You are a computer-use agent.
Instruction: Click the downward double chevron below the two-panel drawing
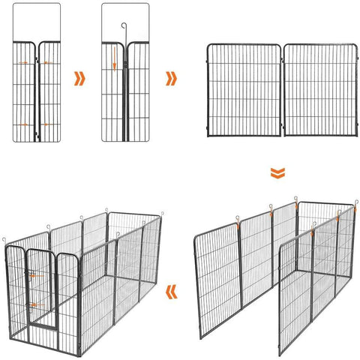(x=277, y=174)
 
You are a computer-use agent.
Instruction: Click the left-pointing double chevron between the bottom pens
(x=172, y=289)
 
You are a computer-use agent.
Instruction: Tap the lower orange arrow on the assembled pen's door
(x=33, y=304)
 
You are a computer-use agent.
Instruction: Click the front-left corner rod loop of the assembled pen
(x=5, y=241)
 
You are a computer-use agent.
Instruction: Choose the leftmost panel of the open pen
(x=217, y=282)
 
